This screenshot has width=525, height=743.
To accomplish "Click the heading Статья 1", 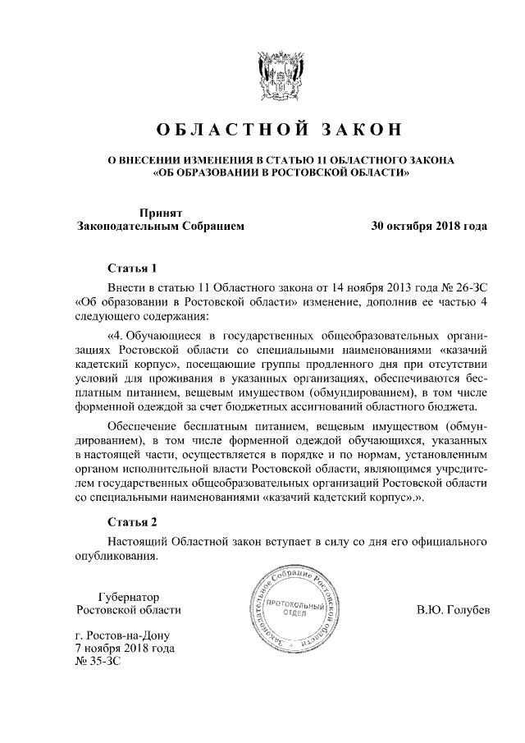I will coord(131,268).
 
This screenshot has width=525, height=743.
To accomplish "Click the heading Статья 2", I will coord(131,521).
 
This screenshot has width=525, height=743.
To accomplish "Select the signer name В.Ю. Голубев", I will coord(453,612).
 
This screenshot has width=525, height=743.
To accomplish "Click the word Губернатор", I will coord(128,597).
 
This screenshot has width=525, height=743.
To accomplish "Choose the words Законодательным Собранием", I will coord(160,225).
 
